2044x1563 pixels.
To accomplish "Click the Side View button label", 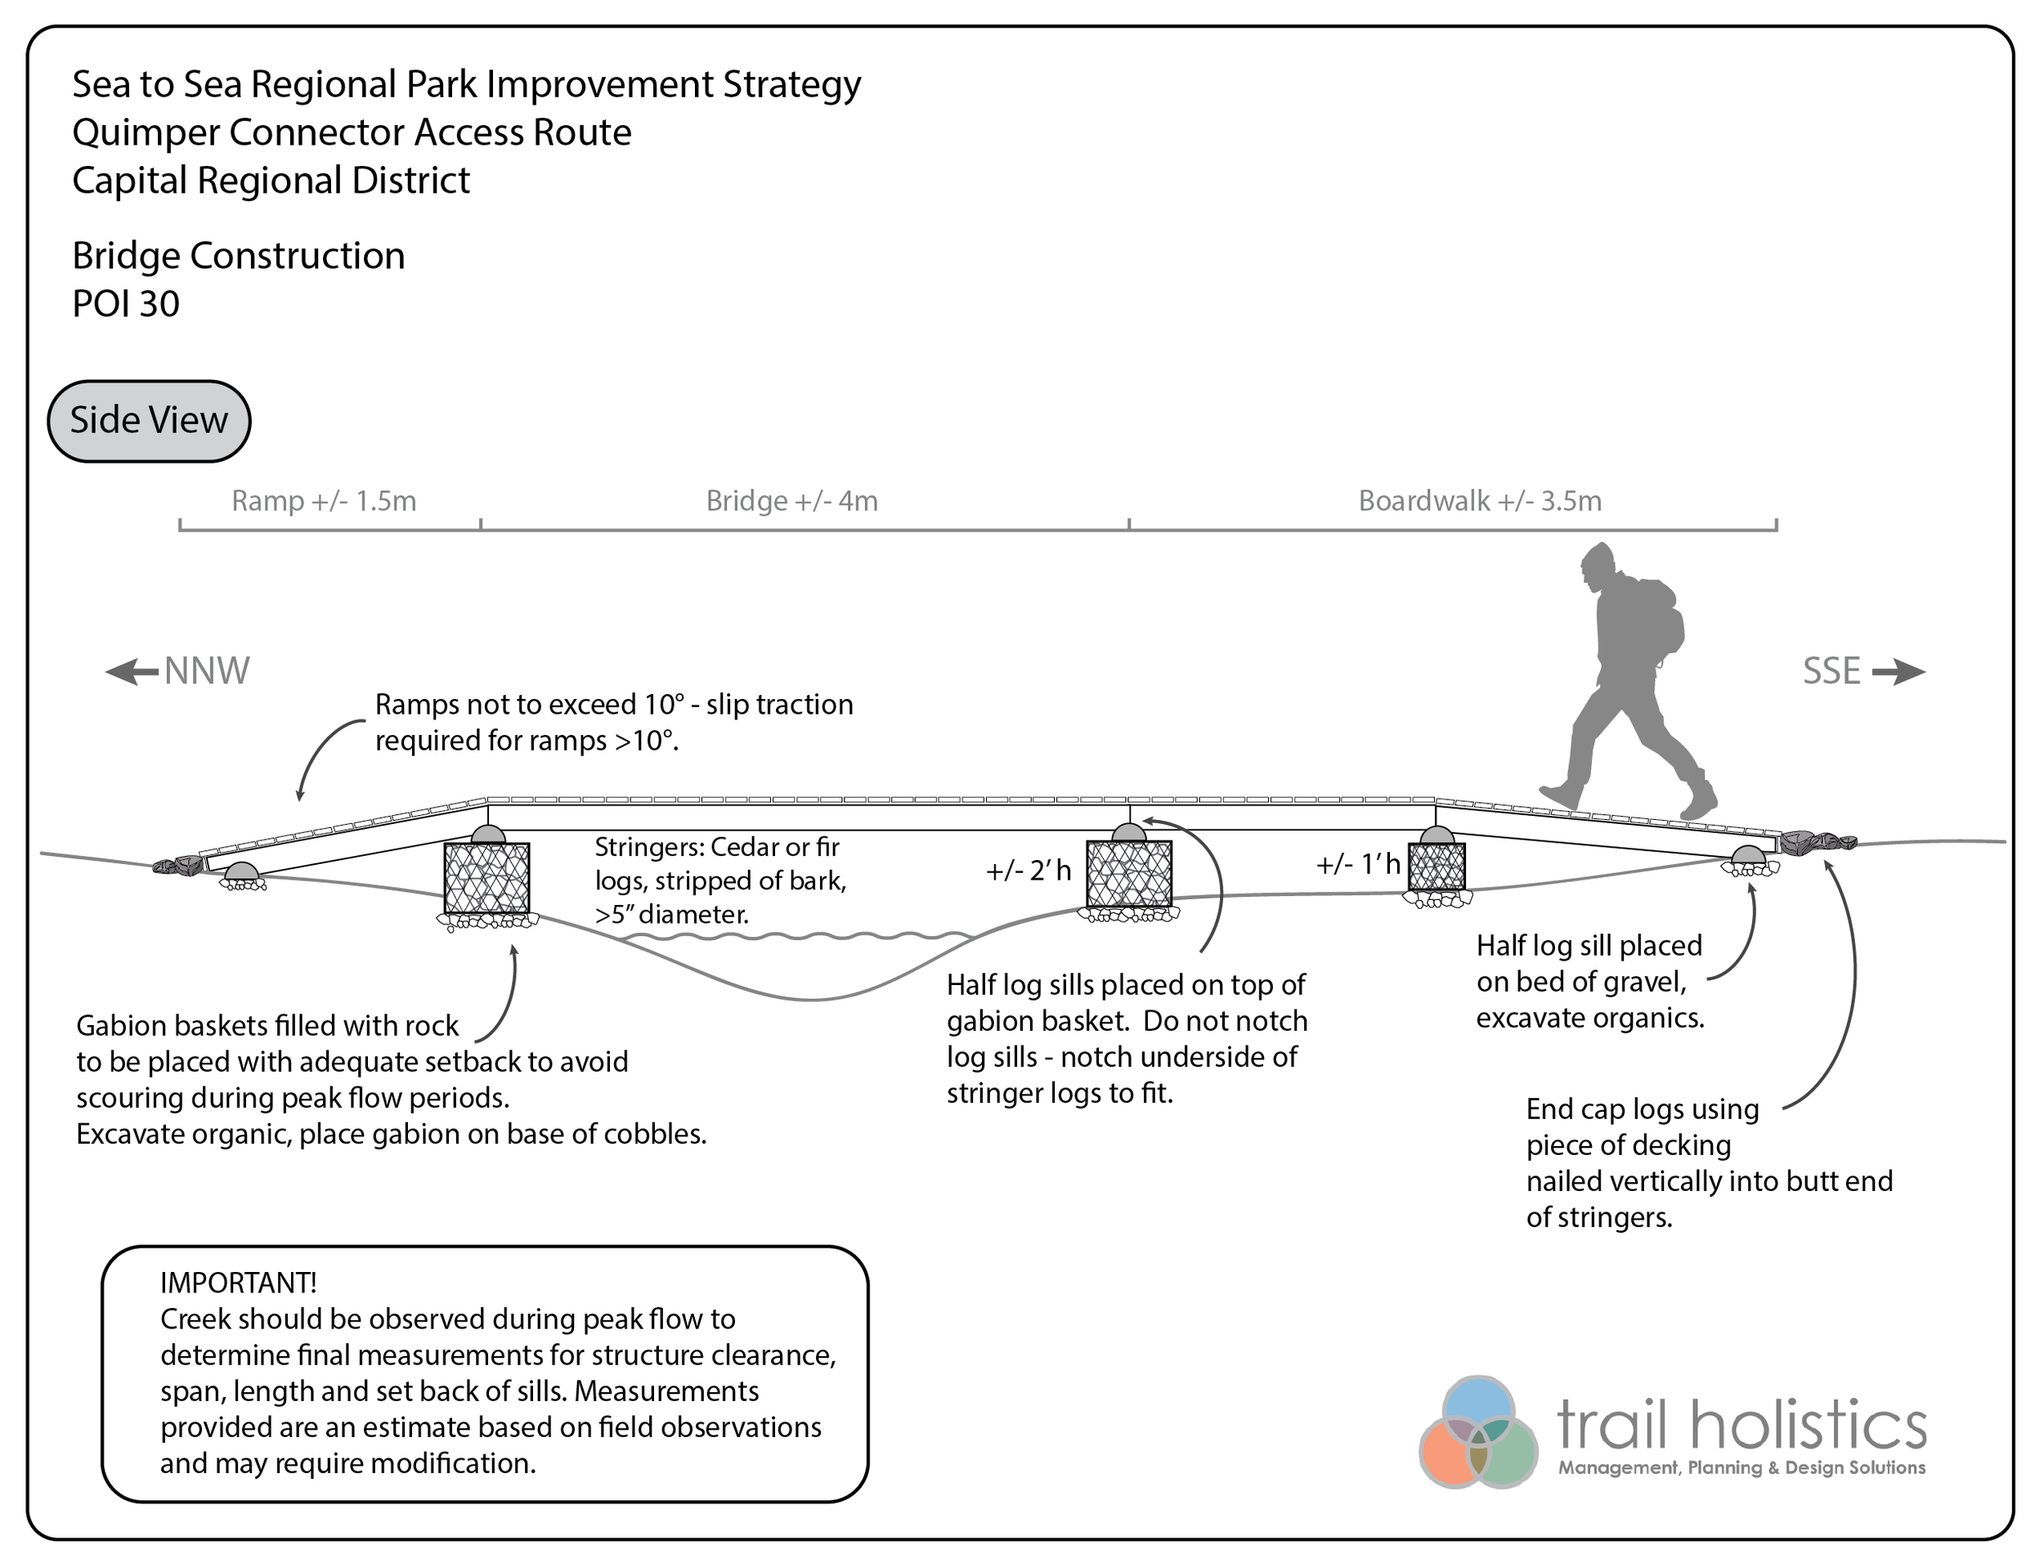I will coord(149,420).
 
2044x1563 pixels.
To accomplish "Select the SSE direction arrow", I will coord(1898,672).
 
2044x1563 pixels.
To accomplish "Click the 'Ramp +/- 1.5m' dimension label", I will coord(324,501).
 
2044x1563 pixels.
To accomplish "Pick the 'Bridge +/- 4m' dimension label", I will coord(791,501).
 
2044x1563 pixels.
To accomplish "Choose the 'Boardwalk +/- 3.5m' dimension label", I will coord(1479,501).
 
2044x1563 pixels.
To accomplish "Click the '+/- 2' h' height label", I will coord(1028,871).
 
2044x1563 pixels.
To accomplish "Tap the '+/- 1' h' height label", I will coord(1357,865).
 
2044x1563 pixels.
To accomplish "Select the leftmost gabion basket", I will coord(486,878).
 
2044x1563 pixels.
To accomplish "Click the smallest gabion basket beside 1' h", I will coord(1437,867).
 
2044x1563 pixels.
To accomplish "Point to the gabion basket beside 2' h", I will coord(1128,874).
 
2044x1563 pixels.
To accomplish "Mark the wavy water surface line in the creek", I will coord(800,936).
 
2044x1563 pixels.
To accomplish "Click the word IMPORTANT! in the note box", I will coord(238,1283).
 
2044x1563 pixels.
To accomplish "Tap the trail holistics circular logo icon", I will coord(1477,1432).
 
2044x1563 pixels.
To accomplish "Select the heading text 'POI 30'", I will coord(126,304).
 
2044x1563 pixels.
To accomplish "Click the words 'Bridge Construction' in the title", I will coord(238,256).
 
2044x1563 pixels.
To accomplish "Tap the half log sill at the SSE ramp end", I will coord(1749,856).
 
